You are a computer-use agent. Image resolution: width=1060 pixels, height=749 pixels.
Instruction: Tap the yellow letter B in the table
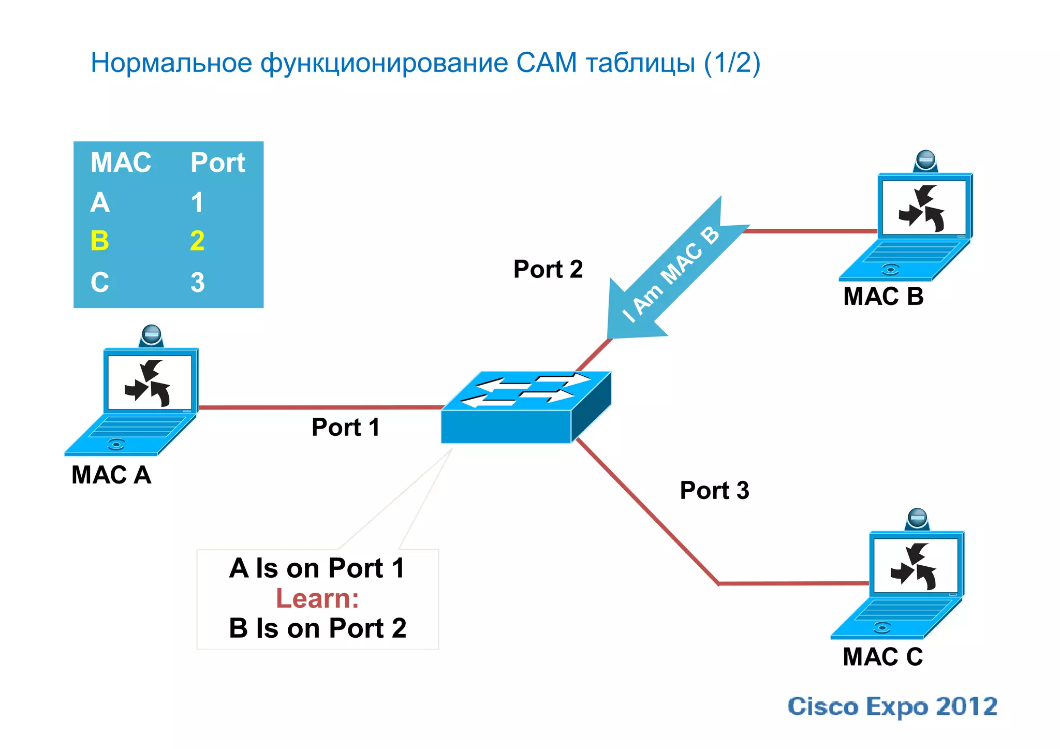(100, 241)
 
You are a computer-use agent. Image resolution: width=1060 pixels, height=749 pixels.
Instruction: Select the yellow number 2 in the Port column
(197, 241)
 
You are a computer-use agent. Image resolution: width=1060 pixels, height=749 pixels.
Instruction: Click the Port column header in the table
(217, 163)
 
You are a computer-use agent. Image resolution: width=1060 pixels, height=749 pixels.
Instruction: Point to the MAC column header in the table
(121, 163)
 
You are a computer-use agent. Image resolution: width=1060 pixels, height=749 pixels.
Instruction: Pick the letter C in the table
(100, 283)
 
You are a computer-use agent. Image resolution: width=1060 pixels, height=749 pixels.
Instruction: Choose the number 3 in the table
(197, 283)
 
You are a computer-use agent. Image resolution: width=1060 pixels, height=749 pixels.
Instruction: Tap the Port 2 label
(548, 269)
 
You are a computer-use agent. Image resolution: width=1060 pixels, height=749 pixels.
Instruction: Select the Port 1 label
(345, 428)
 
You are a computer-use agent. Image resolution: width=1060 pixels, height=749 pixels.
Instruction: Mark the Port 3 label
(714, 490)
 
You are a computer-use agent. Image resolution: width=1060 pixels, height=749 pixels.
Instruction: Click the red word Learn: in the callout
(317, 598)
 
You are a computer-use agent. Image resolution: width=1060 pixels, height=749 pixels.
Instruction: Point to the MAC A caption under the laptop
(111, 475)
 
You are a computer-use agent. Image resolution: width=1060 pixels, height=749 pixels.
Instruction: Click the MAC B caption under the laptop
(883, 297)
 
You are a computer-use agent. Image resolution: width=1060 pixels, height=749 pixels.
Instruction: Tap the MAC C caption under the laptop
(882, 657)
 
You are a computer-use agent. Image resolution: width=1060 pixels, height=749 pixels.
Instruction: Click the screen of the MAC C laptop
(915, 566)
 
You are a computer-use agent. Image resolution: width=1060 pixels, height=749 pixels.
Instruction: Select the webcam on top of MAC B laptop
(925, 160)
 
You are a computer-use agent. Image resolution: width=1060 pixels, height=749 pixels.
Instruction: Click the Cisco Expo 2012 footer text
(892, 707)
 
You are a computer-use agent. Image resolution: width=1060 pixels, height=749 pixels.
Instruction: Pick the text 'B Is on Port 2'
(317, 628)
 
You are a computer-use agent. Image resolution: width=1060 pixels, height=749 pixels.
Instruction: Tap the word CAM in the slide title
(546, 63)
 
